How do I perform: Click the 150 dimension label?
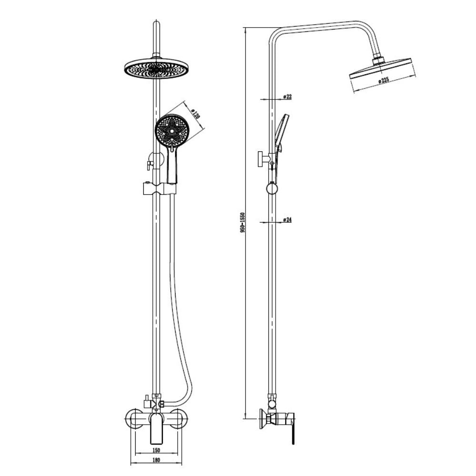point(156,450)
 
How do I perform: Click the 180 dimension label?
point(156,460)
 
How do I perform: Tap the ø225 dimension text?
point(383,81)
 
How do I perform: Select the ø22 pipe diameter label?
point(287,97)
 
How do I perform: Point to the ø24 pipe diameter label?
point(287,219)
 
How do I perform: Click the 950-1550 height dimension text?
point(242,222)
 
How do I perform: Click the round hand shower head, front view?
point(171,130)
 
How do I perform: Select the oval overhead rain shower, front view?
point(156,69)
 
